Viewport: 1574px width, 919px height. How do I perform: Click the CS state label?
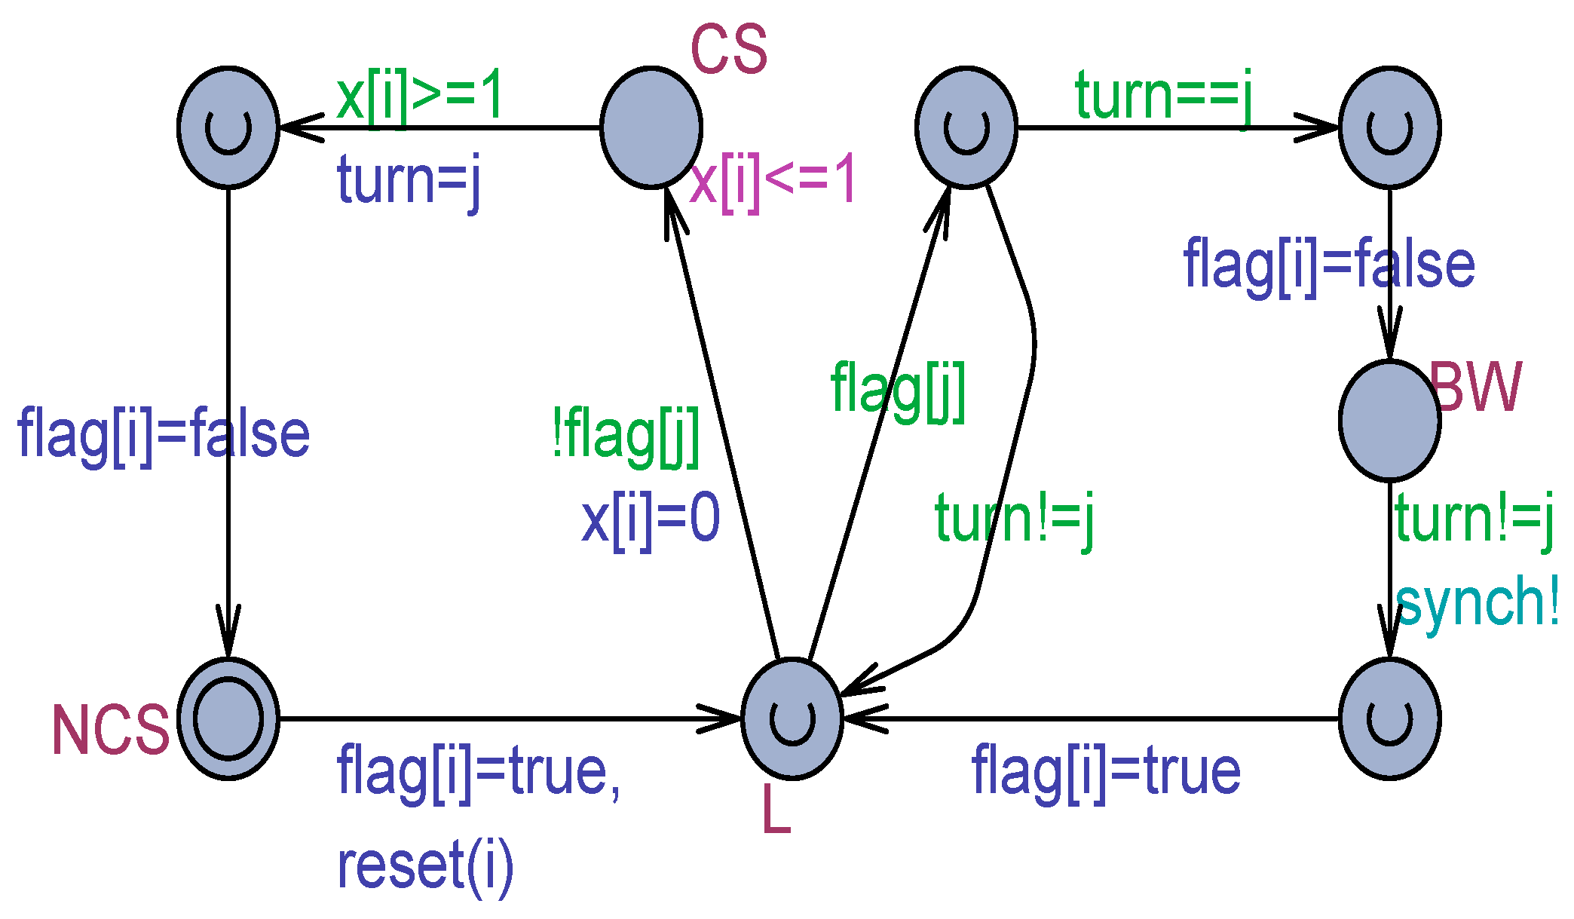point(728,49)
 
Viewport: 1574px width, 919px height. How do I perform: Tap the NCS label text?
point(110,730)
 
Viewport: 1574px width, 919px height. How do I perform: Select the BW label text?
point(1475,387)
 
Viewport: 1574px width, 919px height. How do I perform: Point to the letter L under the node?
point(776,810)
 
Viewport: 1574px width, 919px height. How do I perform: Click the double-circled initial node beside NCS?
point(228,718)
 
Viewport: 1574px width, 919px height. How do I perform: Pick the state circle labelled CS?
point(651,127)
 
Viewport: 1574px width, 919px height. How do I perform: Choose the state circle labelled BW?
point(1389,421)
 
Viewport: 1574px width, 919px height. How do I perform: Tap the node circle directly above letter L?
point(792,718)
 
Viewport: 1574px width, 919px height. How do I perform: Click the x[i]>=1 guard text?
point(420,96)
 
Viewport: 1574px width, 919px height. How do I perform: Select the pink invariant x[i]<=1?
point(773,181)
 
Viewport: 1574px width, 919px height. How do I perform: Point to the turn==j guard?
point(1164,96)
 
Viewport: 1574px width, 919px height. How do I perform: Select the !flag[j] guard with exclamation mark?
point(626,435)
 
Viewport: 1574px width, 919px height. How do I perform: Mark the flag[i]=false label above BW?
point(1329,265)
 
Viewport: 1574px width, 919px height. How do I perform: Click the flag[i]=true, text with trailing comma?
point(479,772)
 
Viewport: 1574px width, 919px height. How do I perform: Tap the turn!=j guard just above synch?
point(1474,519)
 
